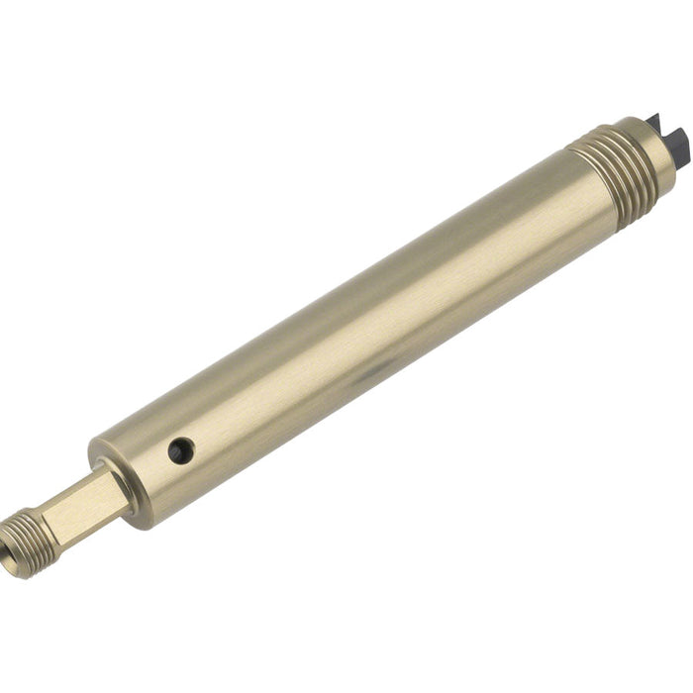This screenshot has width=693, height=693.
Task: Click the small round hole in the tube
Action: (x=180, y=450)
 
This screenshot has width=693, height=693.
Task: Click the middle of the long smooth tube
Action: (x=366, y=317)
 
